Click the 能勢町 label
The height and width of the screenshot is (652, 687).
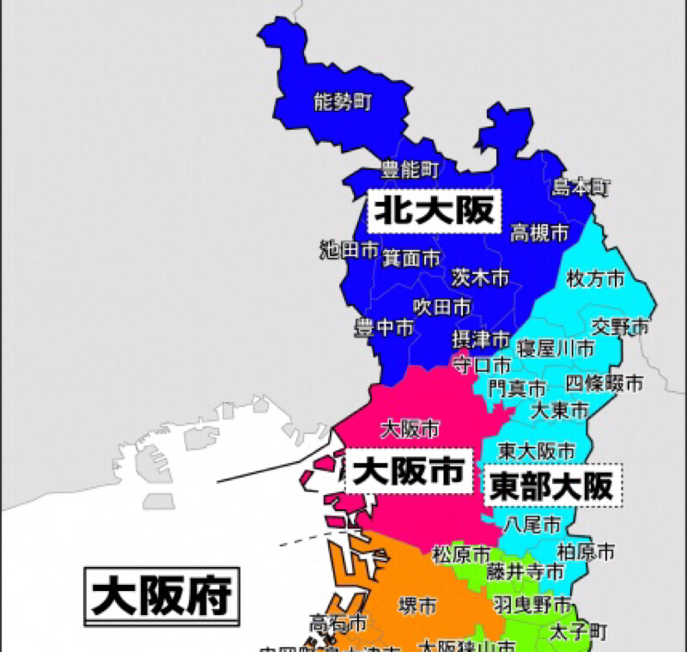point(343,103)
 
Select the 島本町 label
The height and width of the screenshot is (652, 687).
point(581,186)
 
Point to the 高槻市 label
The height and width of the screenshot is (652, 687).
point(539,233)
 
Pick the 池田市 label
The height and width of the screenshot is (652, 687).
point(349,250)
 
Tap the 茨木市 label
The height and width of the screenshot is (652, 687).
point(480,277)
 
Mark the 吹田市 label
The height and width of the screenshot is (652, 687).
point(441,306)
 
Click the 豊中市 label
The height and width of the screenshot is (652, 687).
point(384,328)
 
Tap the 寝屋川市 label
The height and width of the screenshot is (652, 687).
point(555,348)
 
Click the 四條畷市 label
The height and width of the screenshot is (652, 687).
point(604,383)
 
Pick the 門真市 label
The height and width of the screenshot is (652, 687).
point(516,388)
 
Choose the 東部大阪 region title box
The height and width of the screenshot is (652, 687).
point(551,486)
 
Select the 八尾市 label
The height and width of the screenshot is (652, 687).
point(532,523)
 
